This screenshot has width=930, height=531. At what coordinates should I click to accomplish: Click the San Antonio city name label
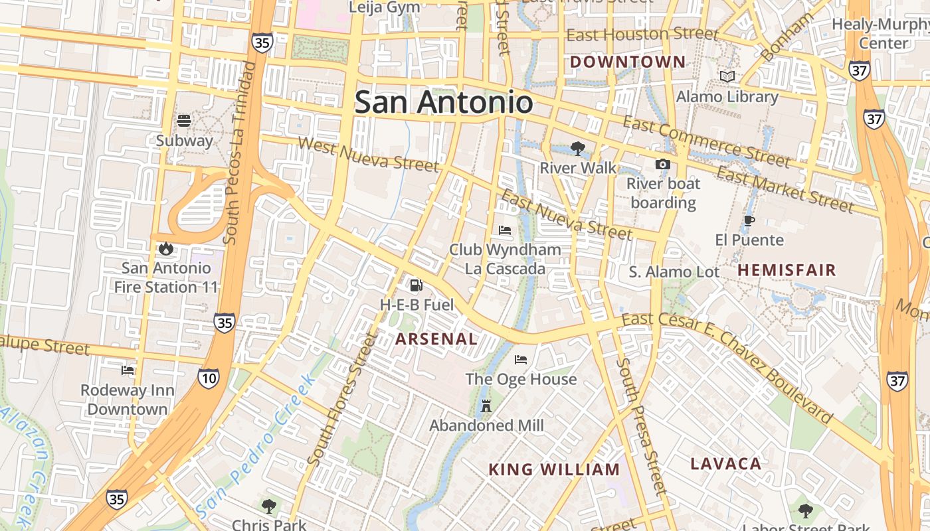443,103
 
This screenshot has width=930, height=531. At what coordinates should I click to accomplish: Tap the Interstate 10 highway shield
208,379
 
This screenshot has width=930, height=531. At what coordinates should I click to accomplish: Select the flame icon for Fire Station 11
165,249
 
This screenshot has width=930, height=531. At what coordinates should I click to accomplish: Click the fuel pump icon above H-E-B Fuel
417,285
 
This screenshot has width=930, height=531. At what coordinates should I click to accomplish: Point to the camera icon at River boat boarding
662,165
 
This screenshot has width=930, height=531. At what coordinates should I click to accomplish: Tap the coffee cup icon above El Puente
749,221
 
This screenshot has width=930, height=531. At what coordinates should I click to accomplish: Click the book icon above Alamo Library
727,77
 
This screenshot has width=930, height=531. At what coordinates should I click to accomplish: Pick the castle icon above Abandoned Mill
486,406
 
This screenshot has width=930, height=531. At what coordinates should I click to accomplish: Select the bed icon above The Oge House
521,360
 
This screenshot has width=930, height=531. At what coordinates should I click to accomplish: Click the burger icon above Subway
184,121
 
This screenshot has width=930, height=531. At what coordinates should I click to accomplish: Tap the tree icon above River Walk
578,149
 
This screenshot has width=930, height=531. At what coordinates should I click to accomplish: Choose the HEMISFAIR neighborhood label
787,270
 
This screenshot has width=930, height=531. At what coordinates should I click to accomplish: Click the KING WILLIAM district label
554,470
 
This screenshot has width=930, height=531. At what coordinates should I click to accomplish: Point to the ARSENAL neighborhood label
436,339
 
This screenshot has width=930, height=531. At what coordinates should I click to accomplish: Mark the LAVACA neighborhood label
725,464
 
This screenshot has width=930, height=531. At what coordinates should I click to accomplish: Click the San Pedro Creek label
256,448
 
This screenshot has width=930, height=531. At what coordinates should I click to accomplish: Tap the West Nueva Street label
368,154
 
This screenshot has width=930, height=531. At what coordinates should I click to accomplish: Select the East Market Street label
785,190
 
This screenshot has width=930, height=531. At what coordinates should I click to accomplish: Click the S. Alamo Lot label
674,272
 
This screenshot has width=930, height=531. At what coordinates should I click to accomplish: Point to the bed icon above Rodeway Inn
128,370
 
